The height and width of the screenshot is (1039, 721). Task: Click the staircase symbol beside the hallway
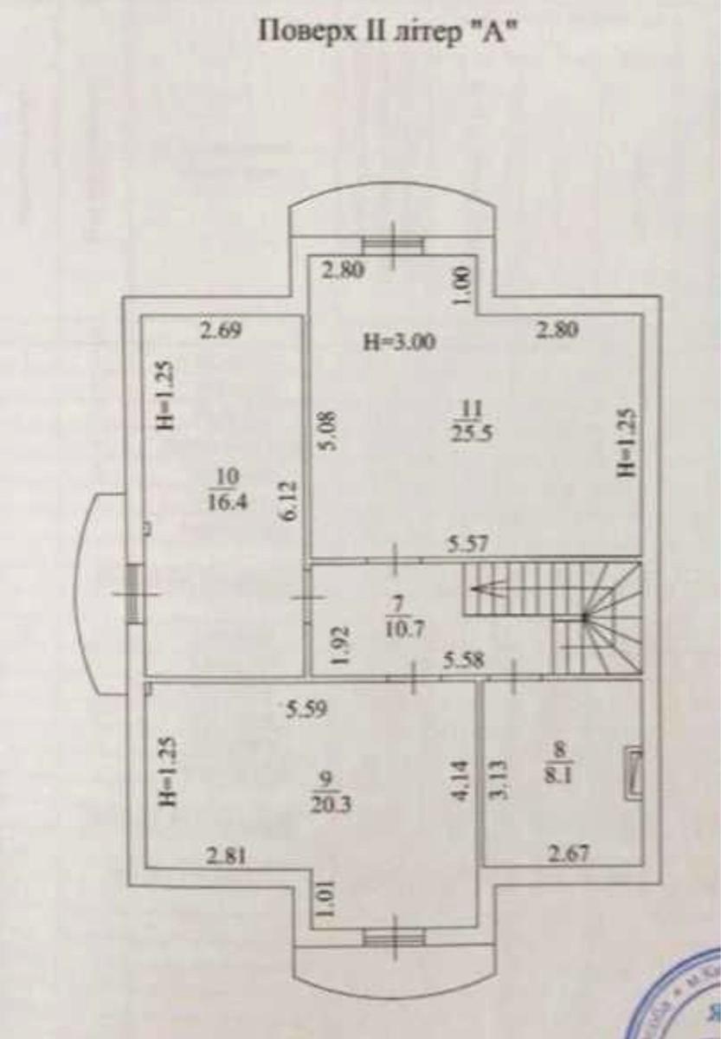[x=554, y=616]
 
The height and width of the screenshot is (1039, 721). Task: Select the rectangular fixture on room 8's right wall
[x=634, y=769]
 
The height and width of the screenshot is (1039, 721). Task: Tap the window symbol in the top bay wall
[x=393, y=245]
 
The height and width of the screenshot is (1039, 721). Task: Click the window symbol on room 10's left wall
[x=133, y=593]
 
